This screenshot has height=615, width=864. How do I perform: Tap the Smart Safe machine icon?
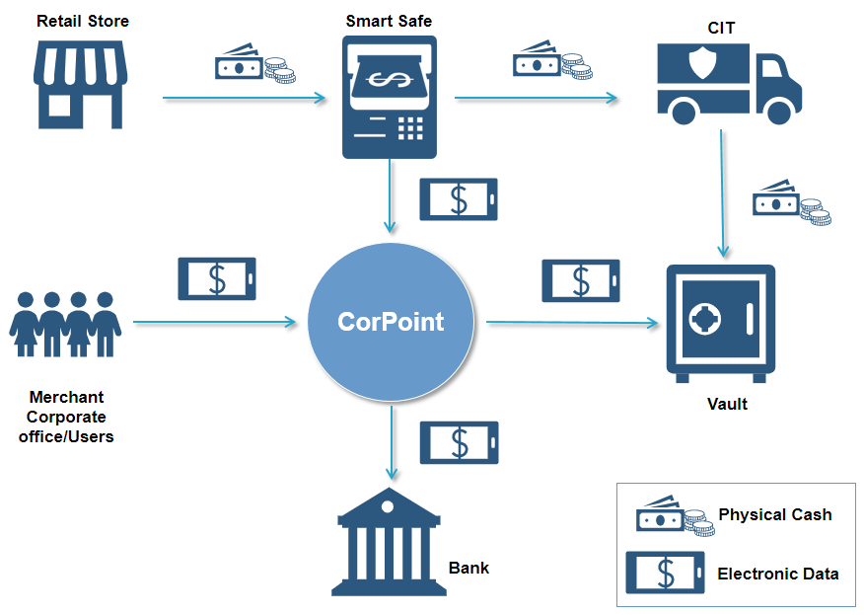(389, 97)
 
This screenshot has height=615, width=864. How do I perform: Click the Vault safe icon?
(720, 323)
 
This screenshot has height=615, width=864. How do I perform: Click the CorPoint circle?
(391, 322)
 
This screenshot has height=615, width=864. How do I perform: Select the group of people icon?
(65, 324)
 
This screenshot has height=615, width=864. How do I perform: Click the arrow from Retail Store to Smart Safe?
(244, 98)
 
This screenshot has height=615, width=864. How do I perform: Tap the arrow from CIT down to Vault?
(724, 192)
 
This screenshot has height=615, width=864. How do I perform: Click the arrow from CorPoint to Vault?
(572, 322)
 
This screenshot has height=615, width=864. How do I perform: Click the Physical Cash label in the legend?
(774, 515)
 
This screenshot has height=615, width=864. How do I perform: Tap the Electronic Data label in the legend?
(777, 574)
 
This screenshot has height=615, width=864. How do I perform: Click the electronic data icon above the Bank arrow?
(459, 442)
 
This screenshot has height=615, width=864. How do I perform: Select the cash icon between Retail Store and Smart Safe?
(254, 63)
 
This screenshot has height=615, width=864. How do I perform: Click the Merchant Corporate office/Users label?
(66, 417)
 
